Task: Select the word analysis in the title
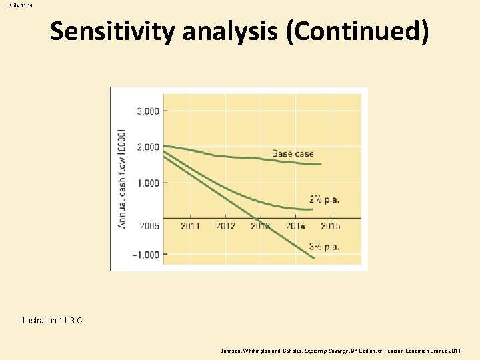(233, 31)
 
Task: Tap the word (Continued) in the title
(357, 31)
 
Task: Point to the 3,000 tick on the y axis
(148, 111)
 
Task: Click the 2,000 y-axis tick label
(148, 147)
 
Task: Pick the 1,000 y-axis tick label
(148, 183)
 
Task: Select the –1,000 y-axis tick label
(145, 255)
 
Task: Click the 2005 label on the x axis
(149, 226)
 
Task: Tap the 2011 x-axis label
(190, 226)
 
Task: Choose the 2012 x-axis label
(225, 226)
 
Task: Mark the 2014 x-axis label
(295, 226)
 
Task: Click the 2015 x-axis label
(330, 226)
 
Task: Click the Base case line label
(292, 154)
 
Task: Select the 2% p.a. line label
(324, 199)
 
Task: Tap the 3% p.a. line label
(324, 247)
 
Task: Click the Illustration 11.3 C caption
(51, 321)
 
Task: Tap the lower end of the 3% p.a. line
(313, 257)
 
